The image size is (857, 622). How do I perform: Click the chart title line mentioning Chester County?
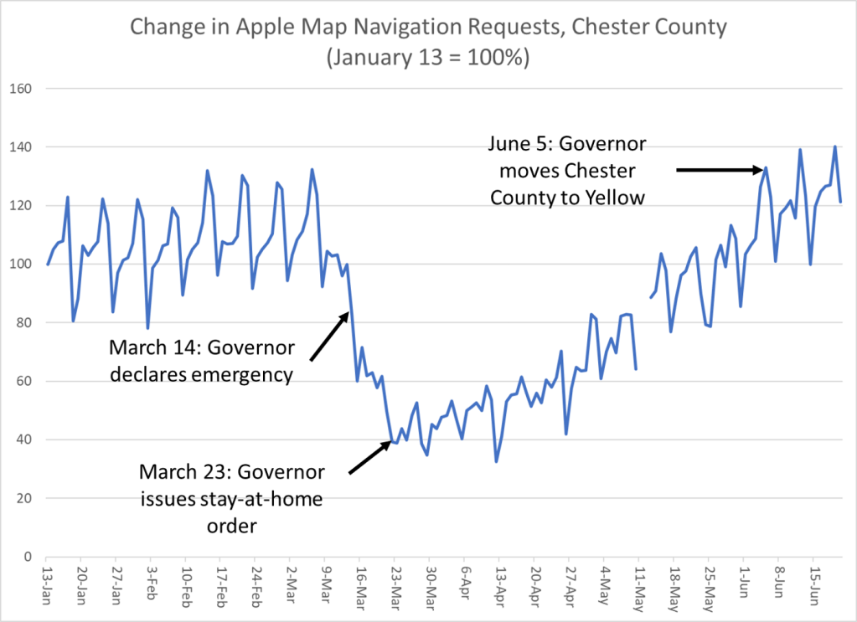pyautogui.click(x=427, y=28)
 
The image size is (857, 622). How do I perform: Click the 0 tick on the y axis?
pyautogui.click(x=28, y=557)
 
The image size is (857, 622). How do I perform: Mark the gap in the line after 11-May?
pyautogui.click(x=643, y=335)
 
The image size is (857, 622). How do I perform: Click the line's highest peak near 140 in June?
pyautogui.click(x=834, y=147)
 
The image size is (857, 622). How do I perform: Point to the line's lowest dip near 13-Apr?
pyautogui.click(x=496, y=461)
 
